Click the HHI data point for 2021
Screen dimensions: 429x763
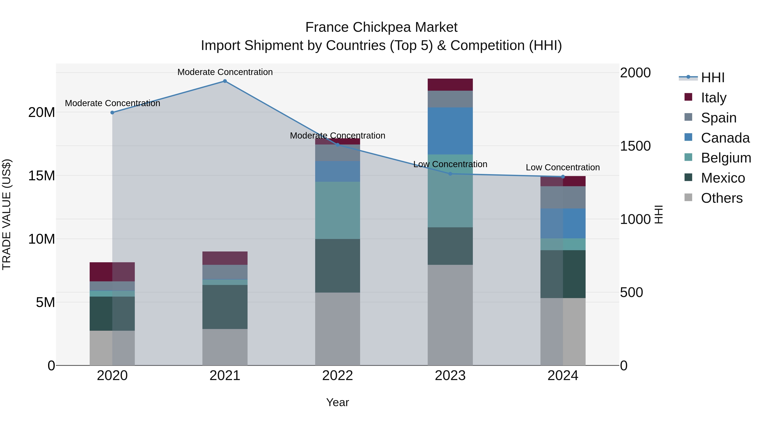[225, 81]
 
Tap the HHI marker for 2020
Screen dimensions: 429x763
[112, 112]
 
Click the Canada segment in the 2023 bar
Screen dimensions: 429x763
[450, 131]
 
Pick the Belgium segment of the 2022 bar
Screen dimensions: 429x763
[337, 210]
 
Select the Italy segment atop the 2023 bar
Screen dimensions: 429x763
[450, 85]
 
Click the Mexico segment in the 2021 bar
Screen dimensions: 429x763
[225, 307]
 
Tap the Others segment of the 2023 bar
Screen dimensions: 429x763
[450, 315]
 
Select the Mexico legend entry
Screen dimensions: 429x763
[723, 178]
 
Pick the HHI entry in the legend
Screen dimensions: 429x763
[713, 78]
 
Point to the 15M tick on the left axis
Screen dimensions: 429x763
[42, 176]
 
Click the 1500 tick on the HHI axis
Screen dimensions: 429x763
[635, 146]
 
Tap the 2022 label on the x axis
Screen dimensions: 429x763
[337, 376]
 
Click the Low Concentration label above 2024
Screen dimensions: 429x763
[563, 167]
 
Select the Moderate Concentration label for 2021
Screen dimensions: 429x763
[225, 72]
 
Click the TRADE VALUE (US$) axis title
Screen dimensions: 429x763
[7, 214]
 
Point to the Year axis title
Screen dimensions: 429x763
[337, 402]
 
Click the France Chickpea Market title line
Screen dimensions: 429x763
[381, 27]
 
